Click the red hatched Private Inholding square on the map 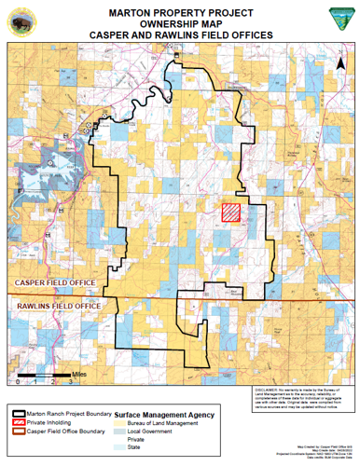[230, 212]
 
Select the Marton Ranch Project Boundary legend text [69, 414]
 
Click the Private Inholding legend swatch [20, 423]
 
